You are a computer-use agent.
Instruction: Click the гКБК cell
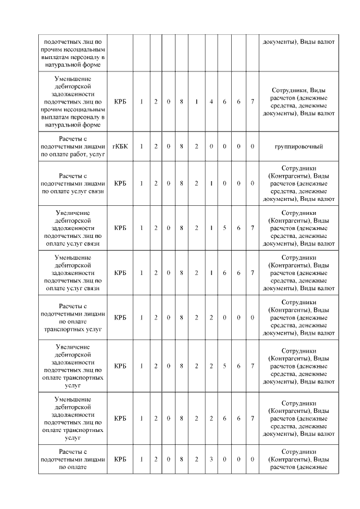click(x=120, y=146)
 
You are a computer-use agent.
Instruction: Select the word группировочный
click(x=298, y=146)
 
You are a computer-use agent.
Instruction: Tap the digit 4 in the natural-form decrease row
click(x=211, y=102)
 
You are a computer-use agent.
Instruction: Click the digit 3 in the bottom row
click(x=211, y=459)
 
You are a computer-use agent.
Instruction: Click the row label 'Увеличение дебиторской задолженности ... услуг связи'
click(x=73, y=228)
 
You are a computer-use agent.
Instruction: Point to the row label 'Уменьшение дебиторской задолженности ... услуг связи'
click(x=73, y=273)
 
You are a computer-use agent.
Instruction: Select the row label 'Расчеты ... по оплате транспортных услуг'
click(x=73, y=317)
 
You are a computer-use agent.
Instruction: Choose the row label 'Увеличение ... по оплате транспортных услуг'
click(x=73, y=366)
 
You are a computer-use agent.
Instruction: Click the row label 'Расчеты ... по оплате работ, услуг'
click(x=73, y=146)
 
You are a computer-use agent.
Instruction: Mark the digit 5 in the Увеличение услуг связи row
click(x=224, y=228)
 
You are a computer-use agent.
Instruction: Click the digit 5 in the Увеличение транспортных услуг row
click(x=224, y=366)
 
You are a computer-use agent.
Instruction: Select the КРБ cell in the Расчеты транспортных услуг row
click(x=120, y=317)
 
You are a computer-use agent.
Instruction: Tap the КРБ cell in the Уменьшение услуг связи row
click(x=120, y=273)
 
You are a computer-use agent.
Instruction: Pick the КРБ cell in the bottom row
click(x=120, y=459)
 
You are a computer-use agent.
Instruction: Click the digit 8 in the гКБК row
click(x=182, y=146)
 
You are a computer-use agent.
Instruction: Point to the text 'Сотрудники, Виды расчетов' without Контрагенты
click(x=298, y=102)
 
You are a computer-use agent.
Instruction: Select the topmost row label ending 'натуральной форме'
click(x=73, y=53)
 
